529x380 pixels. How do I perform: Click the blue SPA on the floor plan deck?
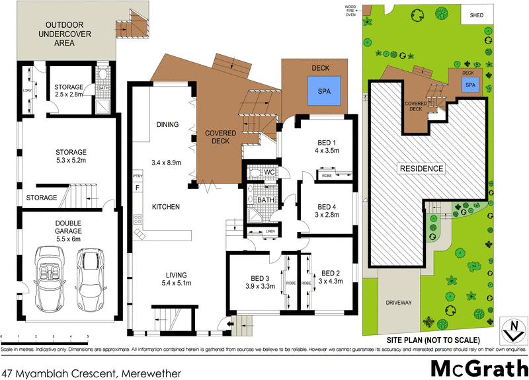click(x=324, y=91)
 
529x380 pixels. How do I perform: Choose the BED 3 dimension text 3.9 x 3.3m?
click(x=254, y=285)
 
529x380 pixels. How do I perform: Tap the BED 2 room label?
click(x=331, y=273)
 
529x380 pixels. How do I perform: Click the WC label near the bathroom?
click(x=269, y=173)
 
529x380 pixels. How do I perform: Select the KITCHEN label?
click(x=166, y=208)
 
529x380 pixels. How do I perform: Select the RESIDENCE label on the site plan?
click(x=421, y=169)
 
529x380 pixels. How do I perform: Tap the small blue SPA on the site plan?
click(x=470, y=85)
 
